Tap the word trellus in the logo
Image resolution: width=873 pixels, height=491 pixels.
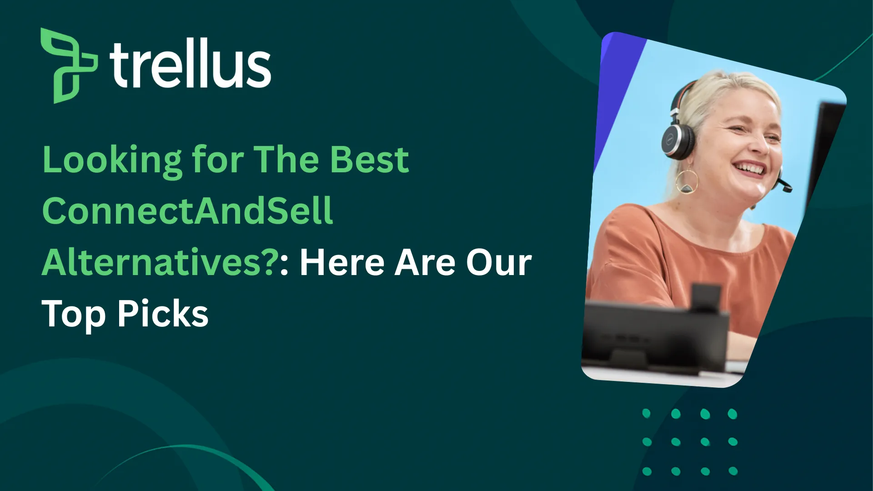click(x=190, y=64)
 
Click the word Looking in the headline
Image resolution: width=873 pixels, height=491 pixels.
click(x=112, y=160)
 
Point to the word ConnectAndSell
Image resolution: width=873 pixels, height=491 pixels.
click(x=187, y=211)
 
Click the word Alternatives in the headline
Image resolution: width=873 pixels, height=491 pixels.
click(x=152, y=262)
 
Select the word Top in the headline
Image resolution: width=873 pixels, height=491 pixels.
click(x=73, y=314)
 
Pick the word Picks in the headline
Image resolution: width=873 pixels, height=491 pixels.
click(x=163, y=313)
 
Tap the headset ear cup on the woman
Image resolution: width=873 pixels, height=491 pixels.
click(x=678, y=139)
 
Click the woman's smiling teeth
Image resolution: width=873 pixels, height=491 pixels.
click(x=750, y=169)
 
